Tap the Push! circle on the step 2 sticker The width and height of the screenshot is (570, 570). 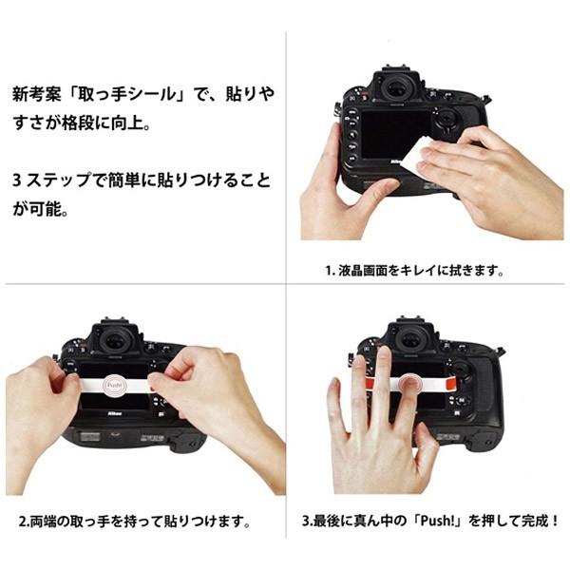(113, 386)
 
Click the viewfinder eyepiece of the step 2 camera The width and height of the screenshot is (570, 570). (114, 339)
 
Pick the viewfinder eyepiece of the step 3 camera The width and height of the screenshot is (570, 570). (409, 338)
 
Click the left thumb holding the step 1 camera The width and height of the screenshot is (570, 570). (375, 190)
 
